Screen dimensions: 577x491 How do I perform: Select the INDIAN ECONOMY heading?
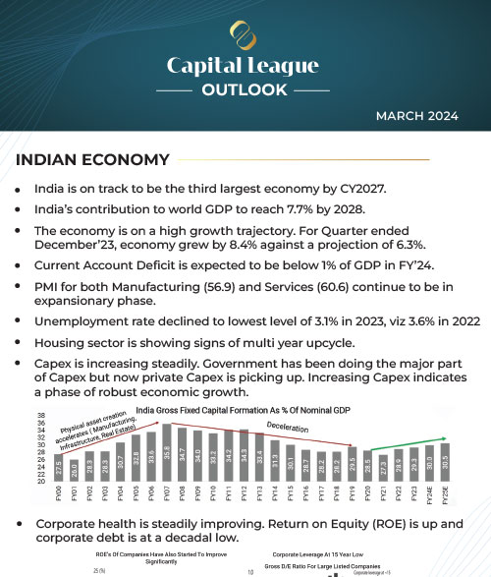(92, 159)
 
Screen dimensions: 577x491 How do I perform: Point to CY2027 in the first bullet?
(359, 188)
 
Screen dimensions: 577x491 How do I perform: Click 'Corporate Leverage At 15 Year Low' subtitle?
(327, 554)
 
